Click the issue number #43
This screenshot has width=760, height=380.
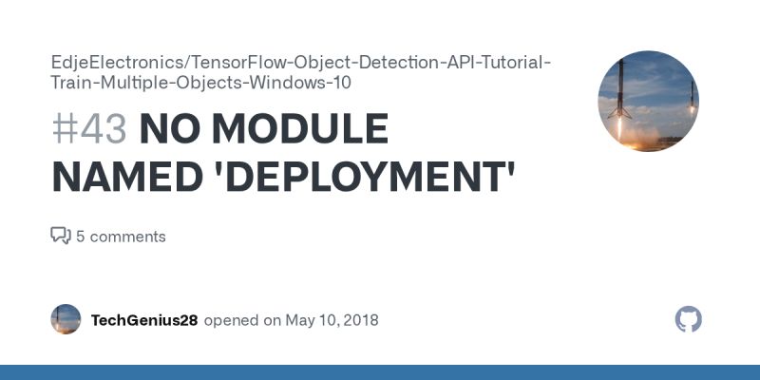[89, 130]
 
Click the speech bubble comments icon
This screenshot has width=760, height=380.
[60, 236]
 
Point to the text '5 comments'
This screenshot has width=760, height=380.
[121, 237]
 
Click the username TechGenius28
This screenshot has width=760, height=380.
[144, 320]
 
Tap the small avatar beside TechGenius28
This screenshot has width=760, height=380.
[66, 319]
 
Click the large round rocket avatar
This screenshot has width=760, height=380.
[648, 102]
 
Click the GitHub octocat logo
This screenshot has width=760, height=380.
[688, 319]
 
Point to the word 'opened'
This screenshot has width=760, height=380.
[230, 320]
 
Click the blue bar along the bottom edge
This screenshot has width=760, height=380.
[380, 372]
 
